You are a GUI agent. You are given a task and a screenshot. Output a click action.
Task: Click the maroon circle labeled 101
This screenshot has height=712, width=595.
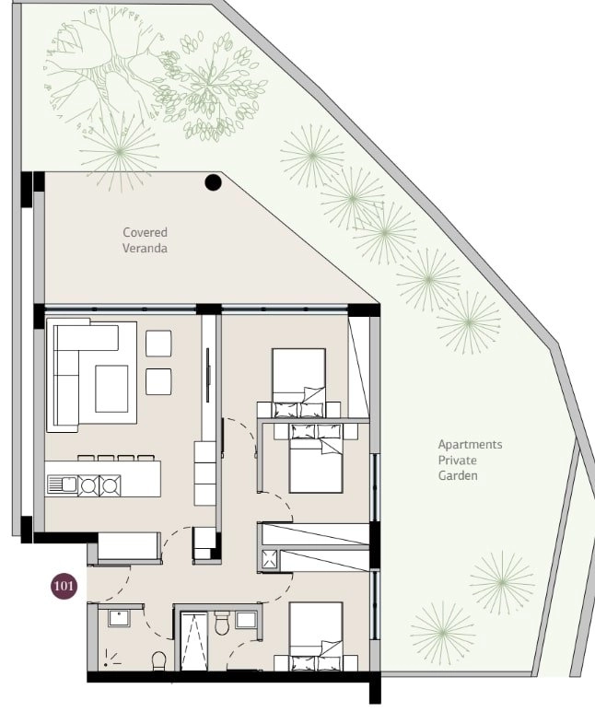coord(64,586)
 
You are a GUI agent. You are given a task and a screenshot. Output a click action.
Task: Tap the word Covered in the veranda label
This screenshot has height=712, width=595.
coord(145,232)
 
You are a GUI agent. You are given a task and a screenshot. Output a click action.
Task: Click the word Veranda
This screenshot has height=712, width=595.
coord(145,249)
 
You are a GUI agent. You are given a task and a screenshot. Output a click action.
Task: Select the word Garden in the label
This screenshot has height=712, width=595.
coord(458,475)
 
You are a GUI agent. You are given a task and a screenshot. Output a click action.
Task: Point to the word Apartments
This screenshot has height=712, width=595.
coord(470,445)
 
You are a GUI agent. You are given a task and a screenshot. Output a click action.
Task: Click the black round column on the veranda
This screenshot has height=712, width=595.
coord(213,182)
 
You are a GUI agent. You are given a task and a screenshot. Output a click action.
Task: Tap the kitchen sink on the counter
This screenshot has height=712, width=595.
coord(63,484)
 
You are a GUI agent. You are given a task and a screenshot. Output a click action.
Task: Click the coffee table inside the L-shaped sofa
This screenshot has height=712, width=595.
coord(111,389)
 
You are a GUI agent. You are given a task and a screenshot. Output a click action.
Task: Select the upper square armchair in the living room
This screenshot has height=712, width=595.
coord(158,344)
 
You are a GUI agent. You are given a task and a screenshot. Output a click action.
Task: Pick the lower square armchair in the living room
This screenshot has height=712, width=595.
coord(158,382)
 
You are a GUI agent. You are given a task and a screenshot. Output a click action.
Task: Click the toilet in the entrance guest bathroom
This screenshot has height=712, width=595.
coord(159,660)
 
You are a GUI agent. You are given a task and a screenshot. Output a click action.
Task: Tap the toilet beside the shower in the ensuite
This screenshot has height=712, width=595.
coord(223,623)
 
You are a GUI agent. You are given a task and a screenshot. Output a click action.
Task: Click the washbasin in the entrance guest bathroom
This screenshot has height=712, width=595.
coord(119,619)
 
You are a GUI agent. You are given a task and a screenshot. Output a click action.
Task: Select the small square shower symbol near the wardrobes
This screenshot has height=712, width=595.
coord(270,559)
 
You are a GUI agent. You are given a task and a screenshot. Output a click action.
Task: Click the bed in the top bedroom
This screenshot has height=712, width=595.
coord(298,382)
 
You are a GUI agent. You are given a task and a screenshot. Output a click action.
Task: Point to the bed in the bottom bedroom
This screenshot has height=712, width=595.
coord(316,636)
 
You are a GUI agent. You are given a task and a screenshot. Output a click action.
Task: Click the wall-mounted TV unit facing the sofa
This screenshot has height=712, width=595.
coord(208,375)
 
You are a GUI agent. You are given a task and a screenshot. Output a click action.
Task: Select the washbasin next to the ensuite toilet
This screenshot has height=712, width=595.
coord(246,620)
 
